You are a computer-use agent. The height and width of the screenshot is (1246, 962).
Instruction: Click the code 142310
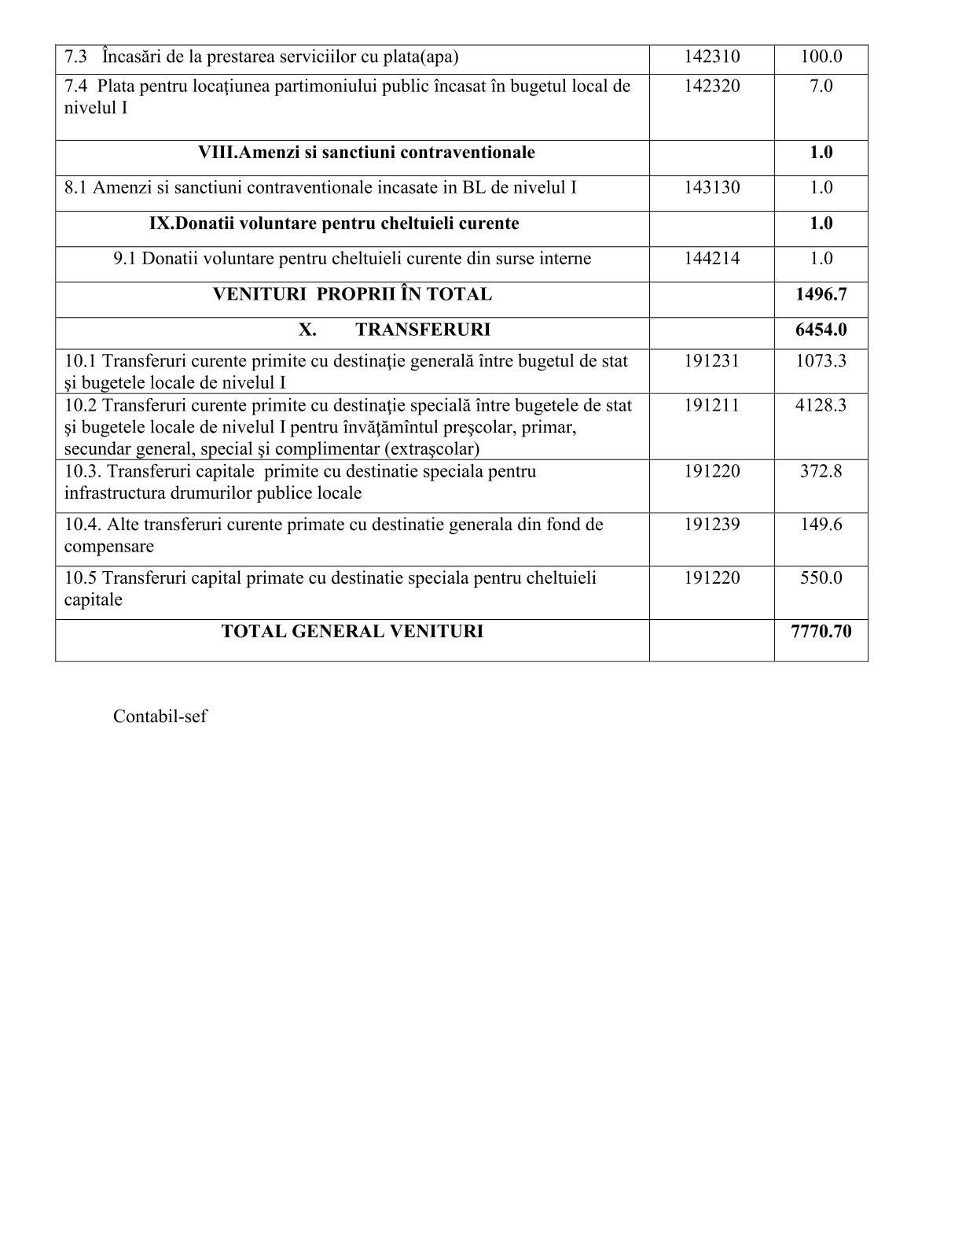point(711,57)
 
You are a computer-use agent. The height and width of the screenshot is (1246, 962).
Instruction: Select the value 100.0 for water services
point(821,57)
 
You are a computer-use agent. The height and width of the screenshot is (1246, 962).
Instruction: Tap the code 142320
point(711,86)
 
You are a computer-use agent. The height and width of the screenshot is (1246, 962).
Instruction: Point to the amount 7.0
point(821,86)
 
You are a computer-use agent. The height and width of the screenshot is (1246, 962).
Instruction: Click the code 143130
point(711,188)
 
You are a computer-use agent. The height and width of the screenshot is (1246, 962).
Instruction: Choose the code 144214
point(711,259)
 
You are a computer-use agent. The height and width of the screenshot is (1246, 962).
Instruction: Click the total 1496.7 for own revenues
point(821,294)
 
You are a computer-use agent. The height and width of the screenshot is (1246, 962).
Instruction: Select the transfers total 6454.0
point(821,330)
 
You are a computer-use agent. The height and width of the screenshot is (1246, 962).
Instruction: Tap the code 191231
point(711,361)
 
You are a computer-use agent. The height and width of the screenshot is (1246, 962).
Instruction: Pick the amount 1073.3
point(821,361)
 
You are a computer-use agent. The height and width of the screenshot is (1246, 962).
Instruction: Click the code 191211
point(711,405)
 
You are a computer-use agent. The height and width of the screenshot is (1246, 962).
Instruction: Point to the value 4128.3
point(821,405)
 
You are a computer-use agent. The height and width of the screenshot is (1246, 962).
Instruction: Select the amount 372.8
point(821,471)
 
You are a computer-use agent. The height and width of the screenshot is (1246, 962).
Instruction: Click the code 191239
point(711,524)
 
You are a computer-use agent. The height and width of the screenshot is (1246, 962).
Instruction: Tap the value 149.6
point(821,524)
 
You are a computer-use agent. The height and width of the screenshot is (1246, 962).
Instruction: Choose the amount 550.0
point(821,577)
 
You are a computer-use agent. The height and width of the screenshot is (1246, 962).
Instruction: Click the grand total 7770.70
point(821,631)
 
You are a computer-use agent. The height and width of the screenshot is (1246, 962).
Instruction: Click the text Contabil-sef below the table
point(160,717)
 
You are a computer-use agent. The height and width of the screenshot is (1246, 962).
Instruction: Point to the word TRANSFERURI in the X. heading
point(422,330)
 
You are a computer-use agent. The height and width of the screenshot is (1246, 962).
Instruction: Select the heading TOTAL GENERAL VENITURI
point(352,631)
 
